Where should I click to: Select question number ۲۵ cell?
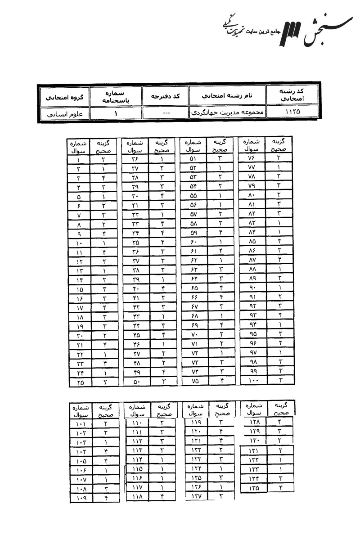coord(79,382)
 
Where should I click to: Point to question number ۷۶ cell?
coord(251,158)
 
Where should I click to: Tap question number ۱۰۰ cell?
coord(252,380)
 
